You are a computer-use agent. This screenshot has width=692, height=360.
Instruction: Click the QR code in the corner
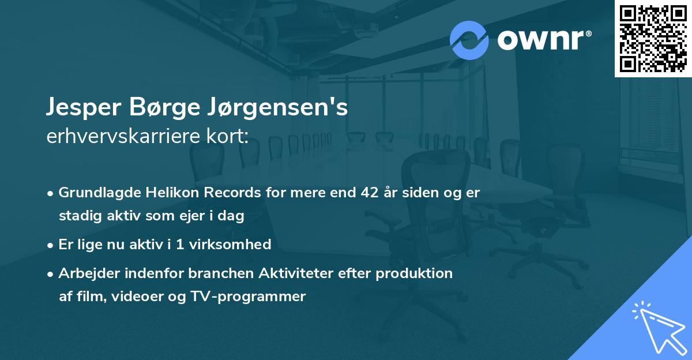653,38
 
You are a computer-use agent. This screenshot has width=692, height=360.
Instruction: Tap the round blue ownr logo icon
469,40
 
